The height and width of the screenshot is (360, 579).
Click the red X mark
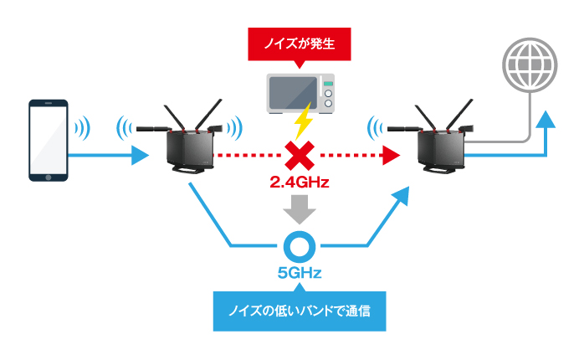(x=300, y=155)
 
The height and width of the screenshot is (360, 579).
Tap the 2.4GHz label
(x=300, y=183)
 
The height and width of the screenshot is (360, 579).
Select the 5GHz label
(x=300, y=273)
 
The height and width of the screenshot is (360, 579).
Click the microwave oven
(x=300, y=94)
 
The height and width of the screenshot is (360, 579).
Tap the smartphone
(x=49, y=141)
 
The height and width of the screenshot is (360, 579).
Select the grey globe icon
(x=530, y=65)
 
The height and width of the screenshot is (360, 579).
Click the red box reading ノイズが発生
(x=300, y=44)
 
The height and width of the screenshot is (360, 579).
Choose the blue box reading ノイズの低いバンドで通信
(x=300, y=311)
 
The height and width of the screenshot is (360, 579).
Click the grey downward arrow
(x=300, y=209)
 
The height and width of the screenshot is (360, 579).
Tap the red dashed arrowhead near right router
(x=391, y=155)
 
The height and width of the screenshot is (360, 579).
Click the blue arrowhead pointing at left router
(x=141, y=155)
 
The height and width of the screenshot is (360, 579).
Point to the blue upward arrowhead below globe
(x=545, y=119)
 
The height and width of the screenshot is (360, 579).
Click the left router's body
(x=190, y=150)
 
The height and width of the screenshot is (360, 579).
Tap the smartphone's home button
(x=49, y=177)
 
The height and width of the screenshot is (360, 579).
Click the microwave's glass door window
(x=293, y=93)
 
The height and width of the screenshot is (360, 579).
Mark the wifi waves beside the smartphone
(x=83, y=128)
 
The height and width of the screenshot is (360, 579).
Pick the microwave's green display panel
(x=328, y=84)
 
